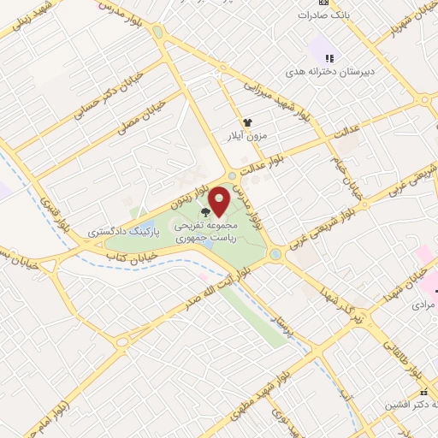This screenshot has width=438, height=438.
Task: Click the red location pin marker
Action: click(219, 200)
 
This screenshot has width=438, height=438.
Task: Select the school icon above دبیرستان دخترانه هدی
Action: click(330, 57)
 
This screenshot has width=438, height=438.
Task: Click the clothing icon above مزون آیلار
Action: click(247, 123)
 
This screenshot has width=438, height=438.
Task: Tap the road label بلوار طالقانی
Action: click(414, 359)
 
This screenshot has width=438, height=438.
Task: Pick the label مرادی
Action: click(423, 305)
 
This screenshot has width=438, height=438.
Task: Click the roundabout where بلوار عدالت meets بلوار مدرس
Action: click(232, 176)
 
